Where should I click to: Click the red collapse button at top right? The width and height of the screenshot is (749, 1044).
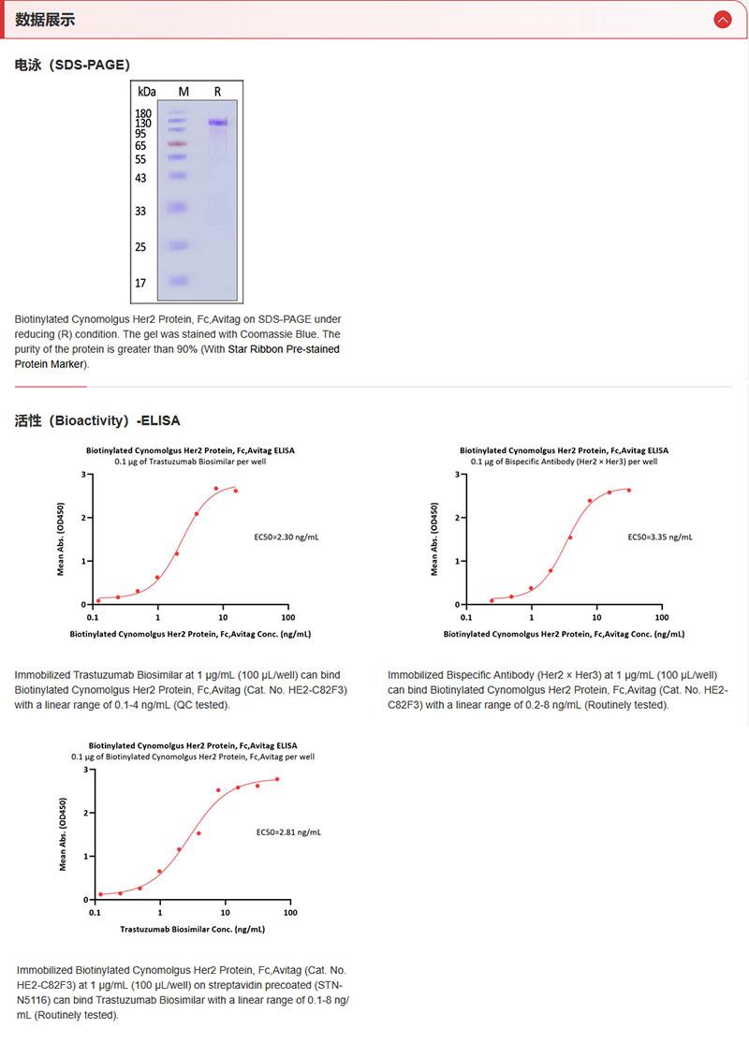(x=722, y=19)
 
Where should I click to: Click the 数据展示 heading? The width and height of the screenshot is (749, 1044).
(x=45, y=20)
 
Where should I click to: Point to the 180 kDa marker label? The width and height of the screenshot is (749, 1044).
(x=143, y=113)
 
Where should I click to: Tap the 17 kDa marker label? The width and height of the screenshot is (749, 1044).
(x=140, y=282)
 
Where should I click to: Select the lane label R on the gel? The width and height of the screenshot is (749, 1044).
(x=217, y=92)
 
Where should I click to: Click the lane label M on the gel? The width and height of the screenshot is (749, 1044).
(x=184, y=92)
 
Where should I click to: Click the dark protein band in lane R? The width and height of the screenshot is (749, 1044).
(x=218, y=123)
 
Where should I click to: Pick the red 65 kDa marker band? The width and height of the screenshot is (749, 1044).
(x=179, y=144)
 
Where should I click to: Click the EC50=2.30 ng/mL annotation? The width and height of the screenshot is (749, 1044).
(x=286, y=537)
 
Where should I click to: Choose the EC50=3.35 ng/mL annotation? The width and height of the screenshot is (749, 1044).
(x=660, y=537)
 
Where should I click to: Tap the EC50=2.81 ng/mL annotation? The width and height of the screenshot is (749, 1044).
(x=288, y=831)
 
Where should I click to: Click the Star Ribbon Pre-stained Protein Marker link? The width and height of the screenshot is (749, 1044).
(x=177, y=356)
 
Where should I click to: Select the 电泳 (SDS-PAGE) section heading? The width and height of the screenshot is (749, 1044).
(x=72, y=65)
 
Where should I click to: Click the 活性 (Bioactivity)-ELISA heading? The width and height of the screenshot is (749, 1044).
(x=97, y=420)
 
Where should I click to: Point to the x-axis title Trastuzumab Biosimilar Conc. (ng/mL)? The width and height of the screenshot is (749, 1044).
(x=192, y=930)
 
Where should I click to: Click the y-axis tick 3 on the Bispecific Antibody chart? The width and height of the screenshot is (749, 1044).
(x=456, y=475)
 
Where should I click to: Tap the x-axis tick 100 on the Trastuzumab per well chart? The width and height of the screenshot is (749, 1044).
(x=286, y=618)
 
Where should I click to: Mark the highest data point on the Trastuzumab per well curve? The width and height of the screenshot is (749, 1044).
(x=215, y=488)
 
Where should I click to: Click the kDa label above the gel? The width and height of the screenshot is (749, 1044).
(x=146, y=92)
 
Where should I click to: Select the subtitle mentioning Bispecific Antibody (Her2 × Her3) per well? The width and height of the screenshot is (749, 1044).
(x=564, y=462)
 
